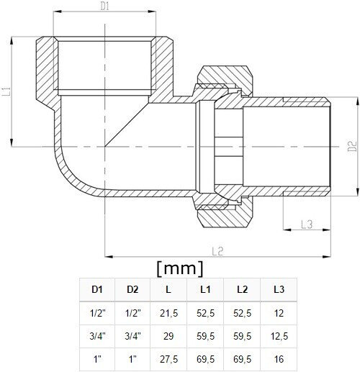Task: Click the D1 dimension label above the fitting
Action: coord(104,6)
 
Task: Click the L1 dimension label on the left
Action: coord(6,91)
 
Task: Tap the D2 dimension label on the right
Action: coord(352,146)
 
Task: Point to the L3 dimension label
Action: coord(307,224)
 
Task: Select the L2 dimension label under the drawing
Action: coord(217,251)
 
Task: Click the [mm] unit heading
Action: coord(180,268)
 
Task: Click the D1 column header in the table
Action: coord(97,289)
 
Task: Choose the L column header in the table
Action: coord(168,289)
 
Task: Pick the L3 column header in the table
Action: coord(279,289)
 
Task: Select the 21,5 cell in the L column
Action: coord(168,313)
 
